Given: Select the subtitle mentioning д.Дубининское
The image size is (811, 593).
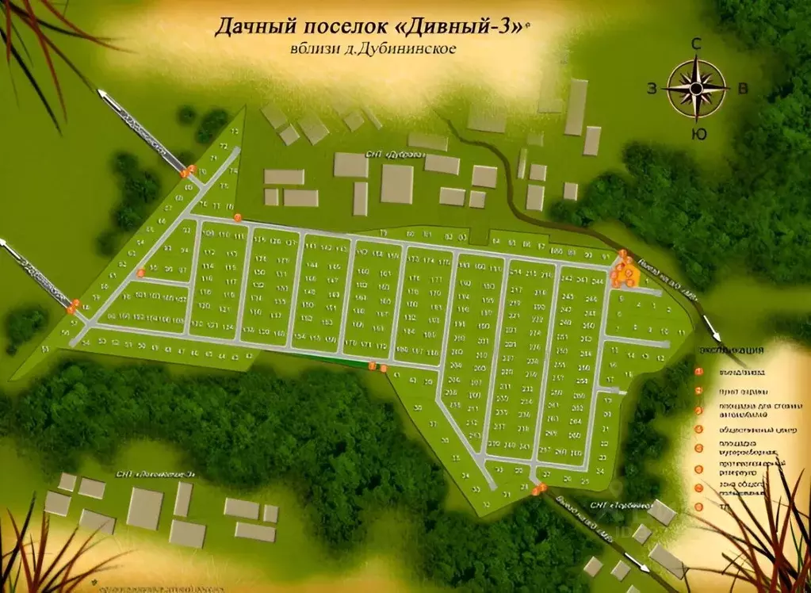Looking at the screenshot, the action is pos(373,49).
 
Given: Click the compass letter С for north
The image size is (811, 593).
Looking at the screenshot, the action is pos(696,44).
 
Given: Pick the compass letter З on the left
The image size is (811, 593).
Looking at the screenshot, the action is pos(652,89).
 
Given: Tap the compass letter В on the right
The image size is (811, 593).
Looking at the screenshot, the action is pos(742,89).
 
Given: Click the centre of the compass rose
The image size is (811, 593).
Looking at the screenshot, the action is pos(697,88).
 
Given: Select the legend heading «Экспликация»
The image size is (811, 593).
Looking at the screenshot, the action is pos(731,350).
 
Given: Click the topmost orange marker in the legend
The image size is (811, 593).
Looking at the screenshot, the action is pos(698,371).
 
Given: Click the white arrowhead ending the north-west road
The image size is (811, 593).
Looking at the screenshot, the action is pos(102,94).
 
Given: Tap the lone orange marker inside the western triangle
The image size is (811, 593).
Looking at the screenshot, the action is pos(140,273).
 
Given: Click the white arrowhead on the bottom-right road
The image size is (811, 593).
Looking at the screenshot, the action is pos(647,568).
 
